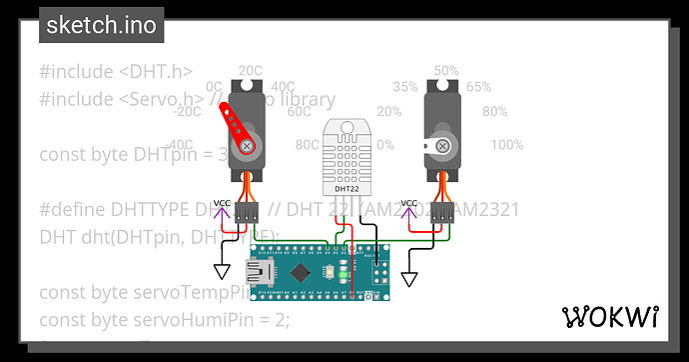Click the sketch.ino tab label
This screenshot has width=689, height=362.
102,25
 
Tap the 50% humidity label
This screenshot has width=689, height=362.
445,71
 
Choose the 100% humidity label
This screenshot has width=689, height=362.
506,145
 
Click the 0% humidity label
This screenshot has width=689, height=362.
384,145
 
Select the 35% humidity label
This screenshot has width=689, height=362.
405,87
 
